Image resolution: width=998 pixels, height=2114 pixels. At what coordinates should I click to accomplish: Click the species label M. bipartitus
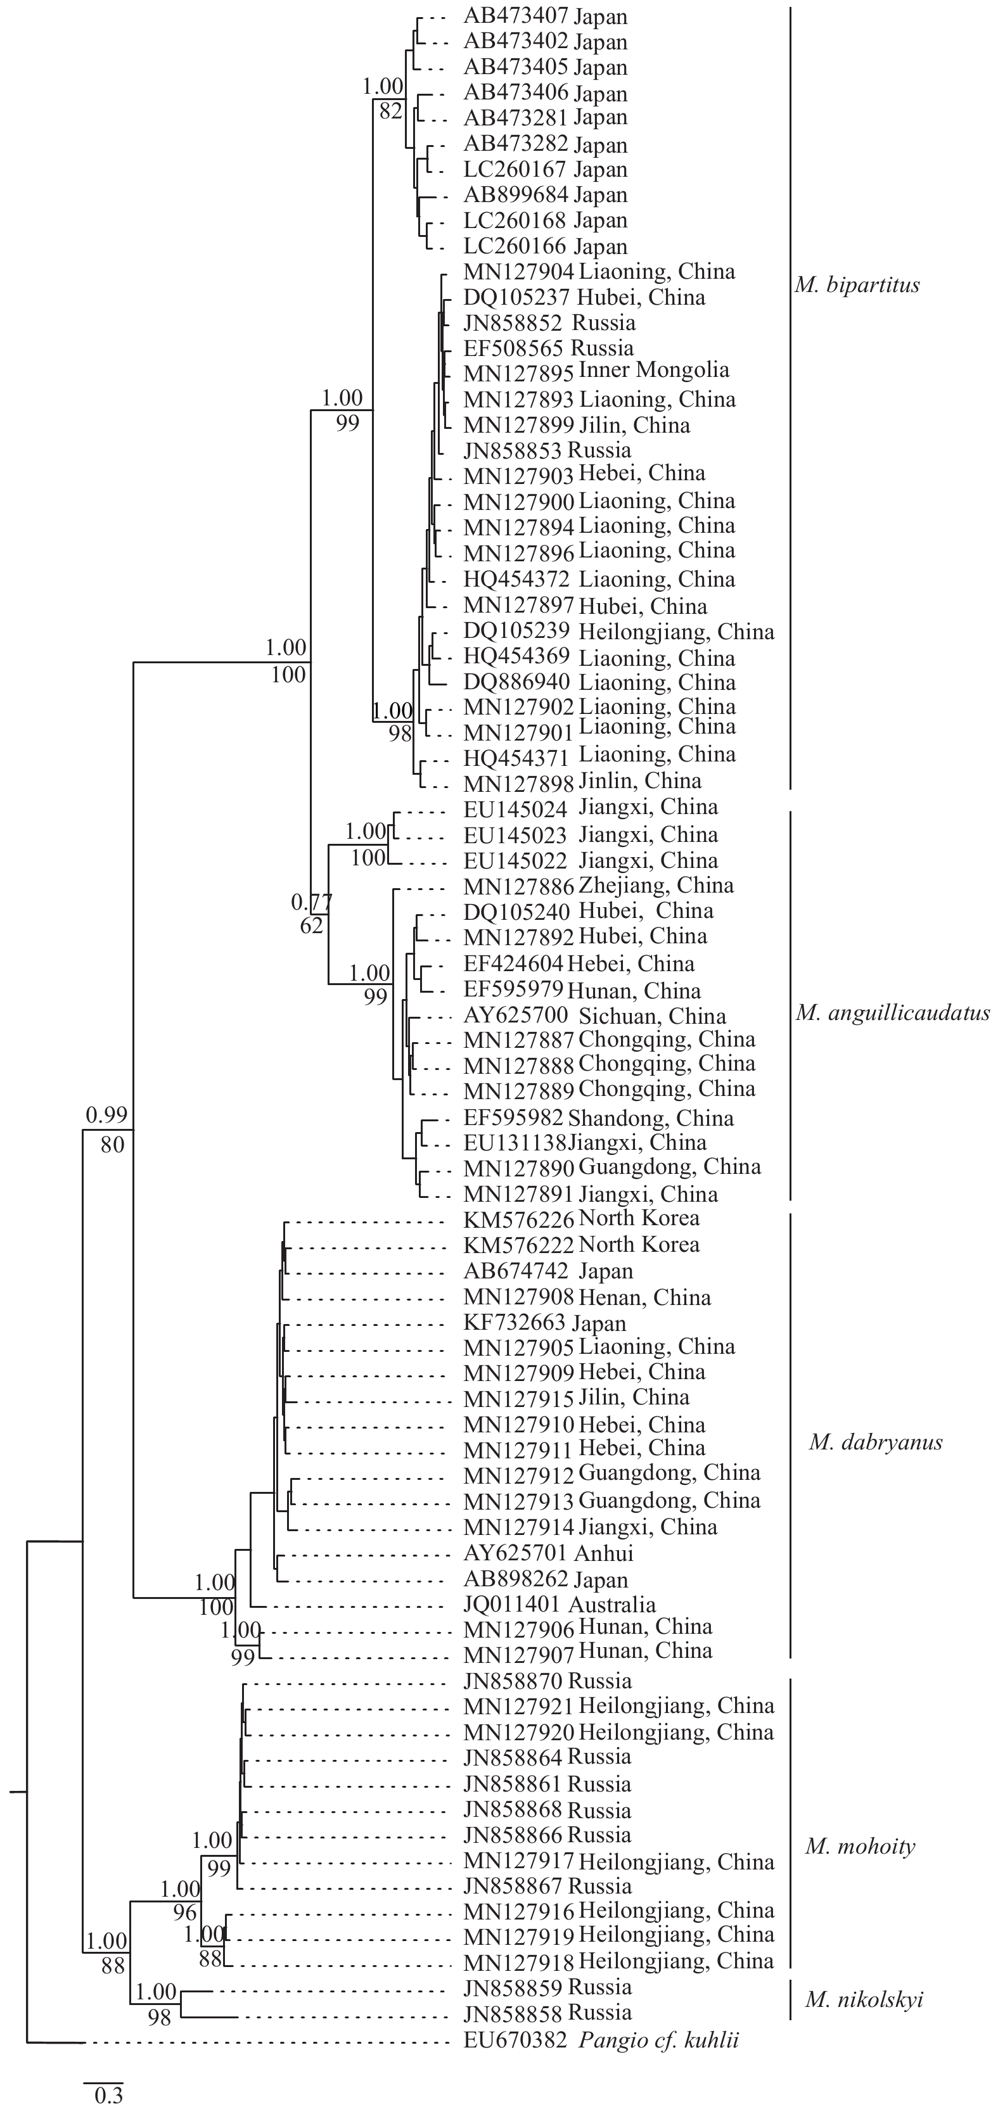[857, 286]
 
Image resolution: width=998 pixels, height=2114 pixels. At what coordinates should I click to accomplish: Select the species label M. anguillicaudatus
[892, 1013]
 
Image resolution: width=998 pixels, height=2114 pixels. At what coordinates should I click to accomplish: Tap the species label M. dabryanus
[875, 1442]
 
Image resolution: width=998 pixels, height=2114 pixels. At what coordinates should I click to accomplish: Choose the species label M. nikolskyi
[864, 1999]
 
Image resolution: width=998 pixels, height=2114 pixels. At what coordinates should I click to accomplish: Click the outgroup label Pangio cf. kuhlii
[659, 2040]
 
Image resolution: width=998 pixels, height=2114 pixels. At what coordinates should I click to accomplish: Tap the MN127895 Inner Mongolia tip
[596, 371]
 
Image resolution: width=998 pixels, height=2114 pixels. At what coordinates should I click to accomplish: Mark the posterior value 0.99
[106, 1114]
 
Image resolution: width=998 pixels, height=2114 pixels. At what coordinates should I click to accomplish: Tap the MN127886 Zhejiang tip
[598, 886]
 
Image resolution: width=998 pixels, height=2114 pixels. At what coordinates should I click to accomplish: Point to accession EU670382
[515, 2040]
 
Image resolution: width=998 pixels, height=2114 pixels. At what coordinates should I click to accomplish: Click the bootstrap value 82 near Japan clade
[391, 110]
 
